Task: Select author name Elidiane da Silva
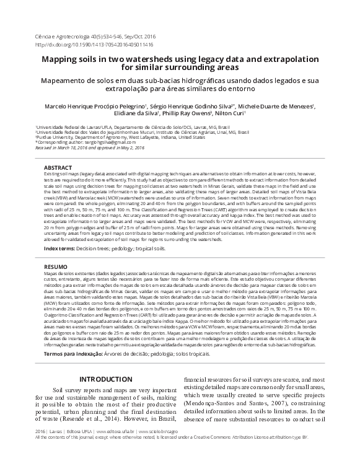[136, 113]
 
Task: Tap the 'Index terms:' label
[59, 248]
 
